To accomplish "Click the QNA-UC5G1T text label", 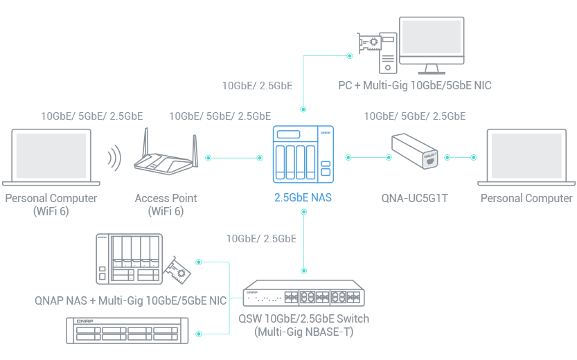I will (x=414, y=199).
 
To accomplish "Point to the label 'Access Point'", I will (x=166, y=198).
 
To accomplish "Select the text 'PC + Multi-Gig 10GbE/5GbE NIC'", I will (x=415, y=86).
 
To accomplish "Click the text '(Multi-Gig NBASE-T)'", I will (x=303, y=332).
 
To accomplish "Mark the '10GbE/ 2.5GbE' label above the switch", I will (x=261, y=239).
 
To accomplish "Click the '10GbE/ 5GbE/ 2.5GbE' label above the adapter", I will (x=414, y=116).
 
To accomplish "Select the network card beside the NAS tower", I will (x=177, y=271).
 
